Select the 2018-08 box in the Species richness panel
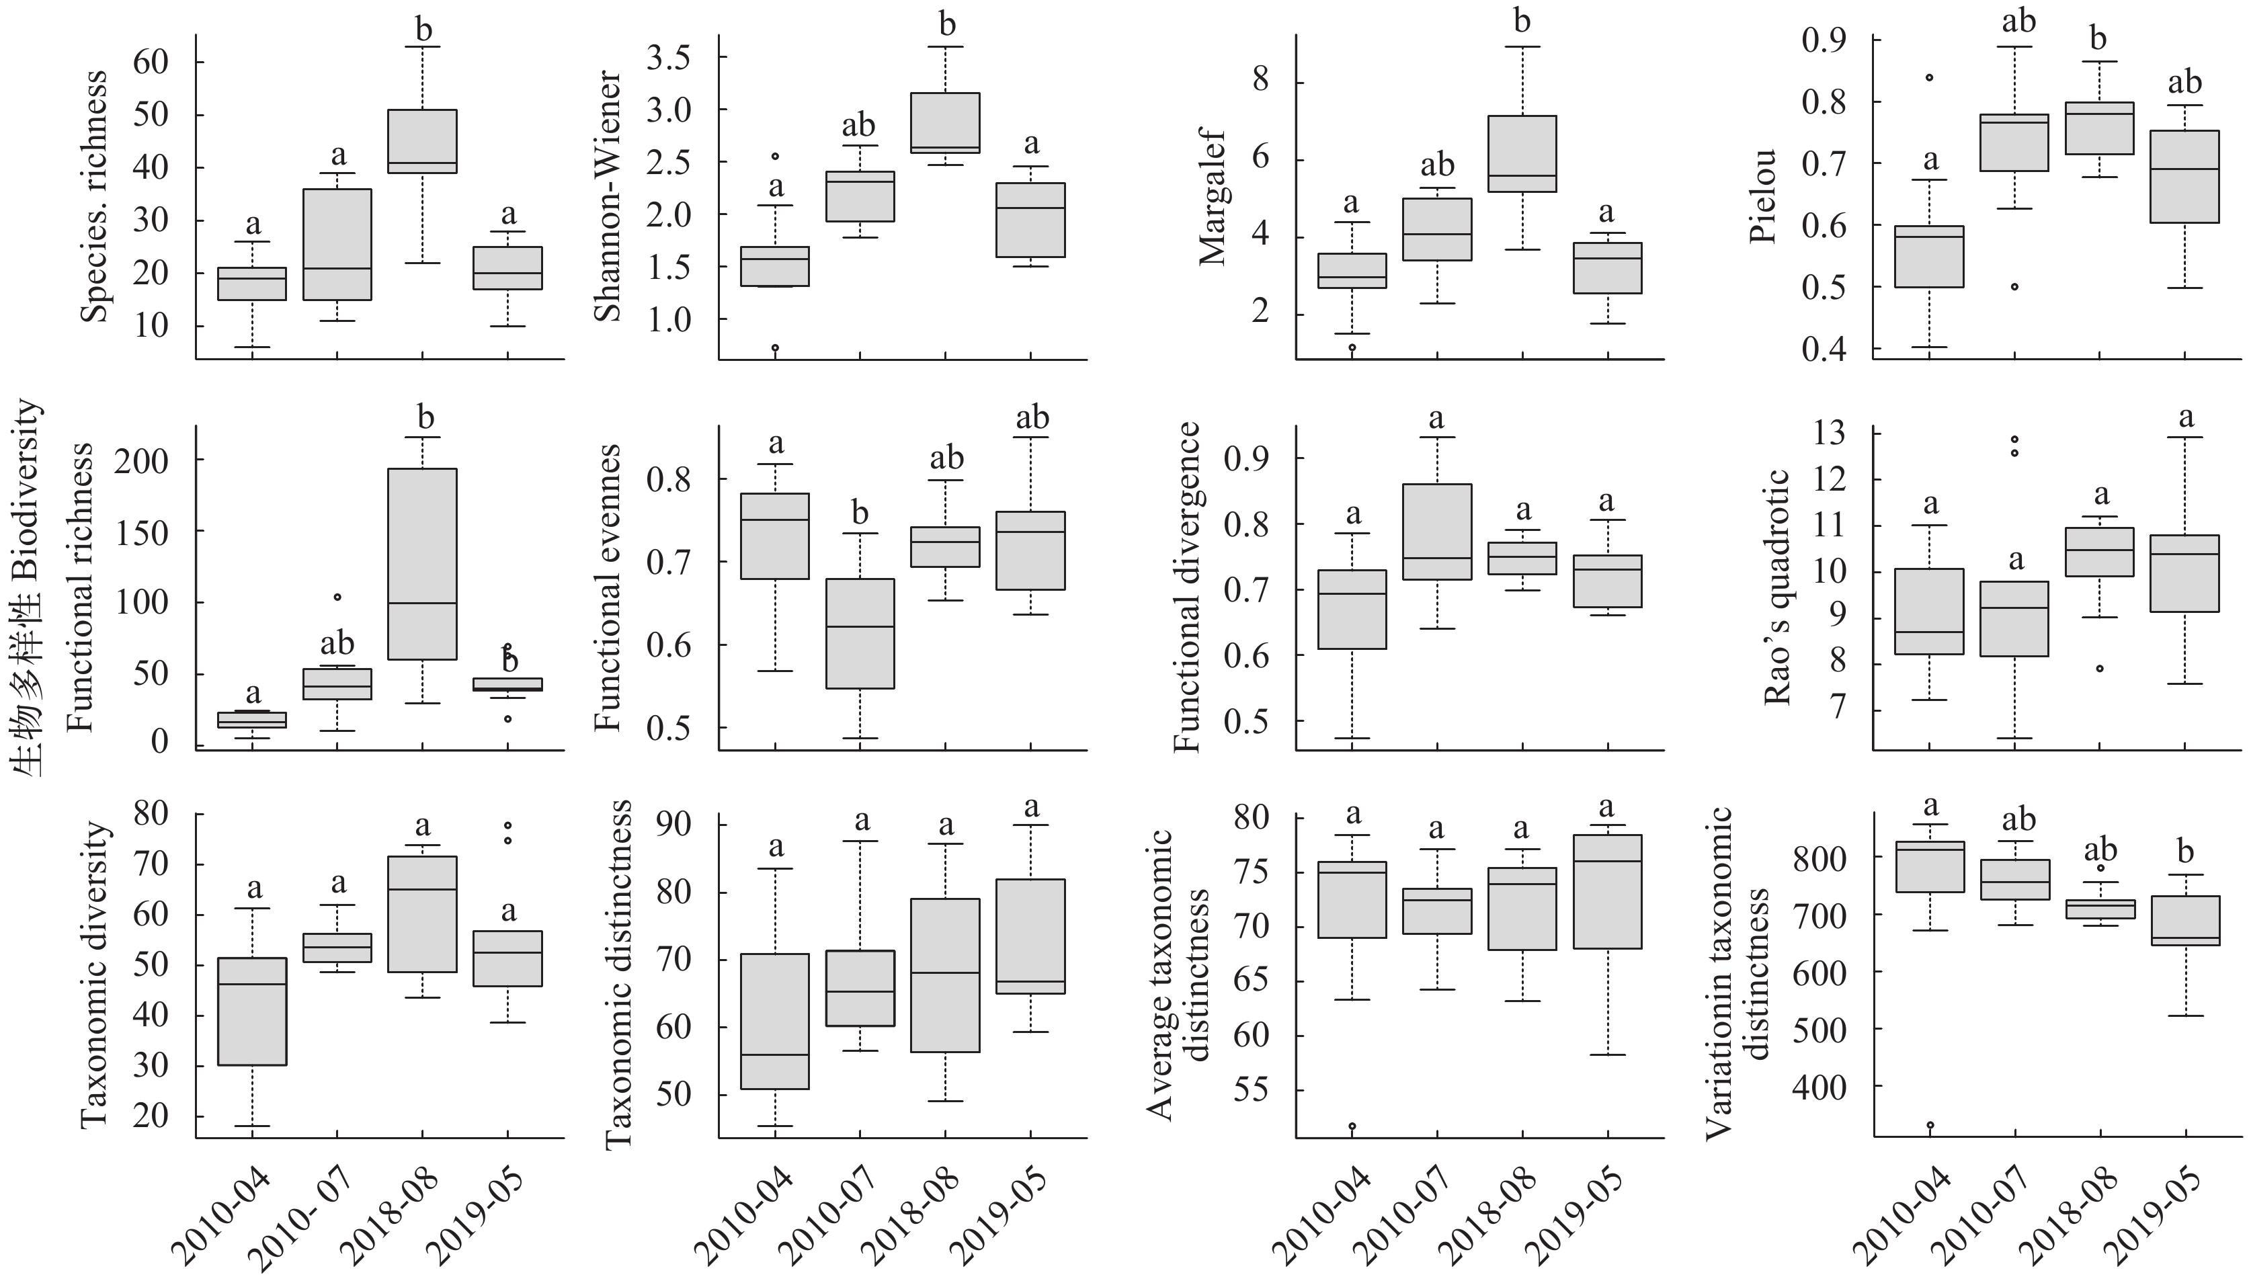coord(423,141)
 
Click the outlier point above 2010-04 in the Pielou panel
coord(1929,77)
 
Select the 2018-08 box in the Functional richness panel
coord(423,564)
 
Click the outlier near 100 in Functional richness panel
coord(337,597)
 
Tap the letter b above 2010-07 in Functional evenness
coord(860,513)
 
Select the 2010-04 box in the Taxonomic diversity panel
coord(252,1011)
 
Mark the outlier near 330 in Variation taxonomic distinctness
coord(1930,1125)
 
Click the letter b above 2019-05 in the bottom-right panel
coord(2186,852)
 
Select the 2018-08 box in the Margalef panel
coord(1523,153)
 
